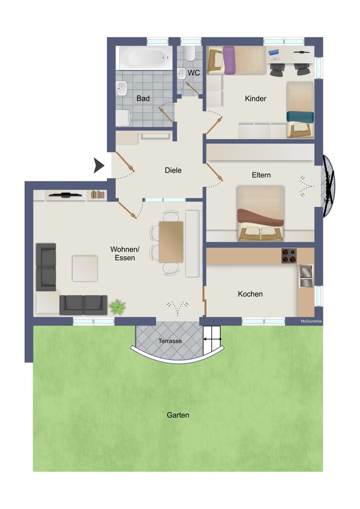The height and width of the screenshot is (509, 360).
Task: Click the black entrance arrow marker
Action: (98, 166)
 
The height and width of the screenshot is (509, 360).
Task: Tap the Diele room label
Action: (173, 170)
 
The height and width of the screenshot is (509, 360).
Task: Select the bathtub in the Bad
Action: (145, 58)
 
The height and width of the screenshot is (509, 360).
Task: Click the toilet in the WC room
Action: (190, 53)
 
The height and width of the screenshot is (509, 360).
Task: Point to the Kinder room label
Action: (256, 98)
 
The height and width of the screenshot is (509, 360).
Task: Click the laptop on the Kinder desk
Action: (274, 55)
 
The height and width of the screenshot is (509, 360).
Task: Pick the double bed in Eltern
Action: (260, 213)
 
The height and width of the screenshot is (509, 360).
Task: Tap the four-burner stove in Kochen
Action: (289, 256)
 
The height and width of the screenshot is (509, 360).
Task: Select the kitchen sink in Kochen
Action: (306, 276)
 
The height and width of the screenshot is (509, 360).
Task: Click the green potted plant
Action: (117, 307)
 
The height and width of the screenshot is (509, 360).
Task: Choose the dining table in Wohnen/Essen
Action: (171, 242)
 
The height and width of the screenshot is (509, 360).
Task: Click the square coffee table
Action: (85, 268)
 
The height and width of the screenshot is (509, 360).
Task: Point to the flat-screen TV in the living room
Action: (66, 195)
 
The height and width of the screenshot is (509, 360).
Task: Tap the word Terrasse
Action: (170, 341)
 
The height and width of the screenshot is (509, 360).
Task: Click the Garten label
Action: (178, 415)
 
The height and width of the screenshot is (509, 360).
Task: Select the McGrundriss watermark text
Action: (311, 321)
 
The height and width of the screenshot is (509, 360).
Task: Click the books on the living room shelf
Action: (98, 195)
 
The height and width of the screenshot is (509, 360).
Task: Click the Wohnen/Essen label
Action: (124, 253)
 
